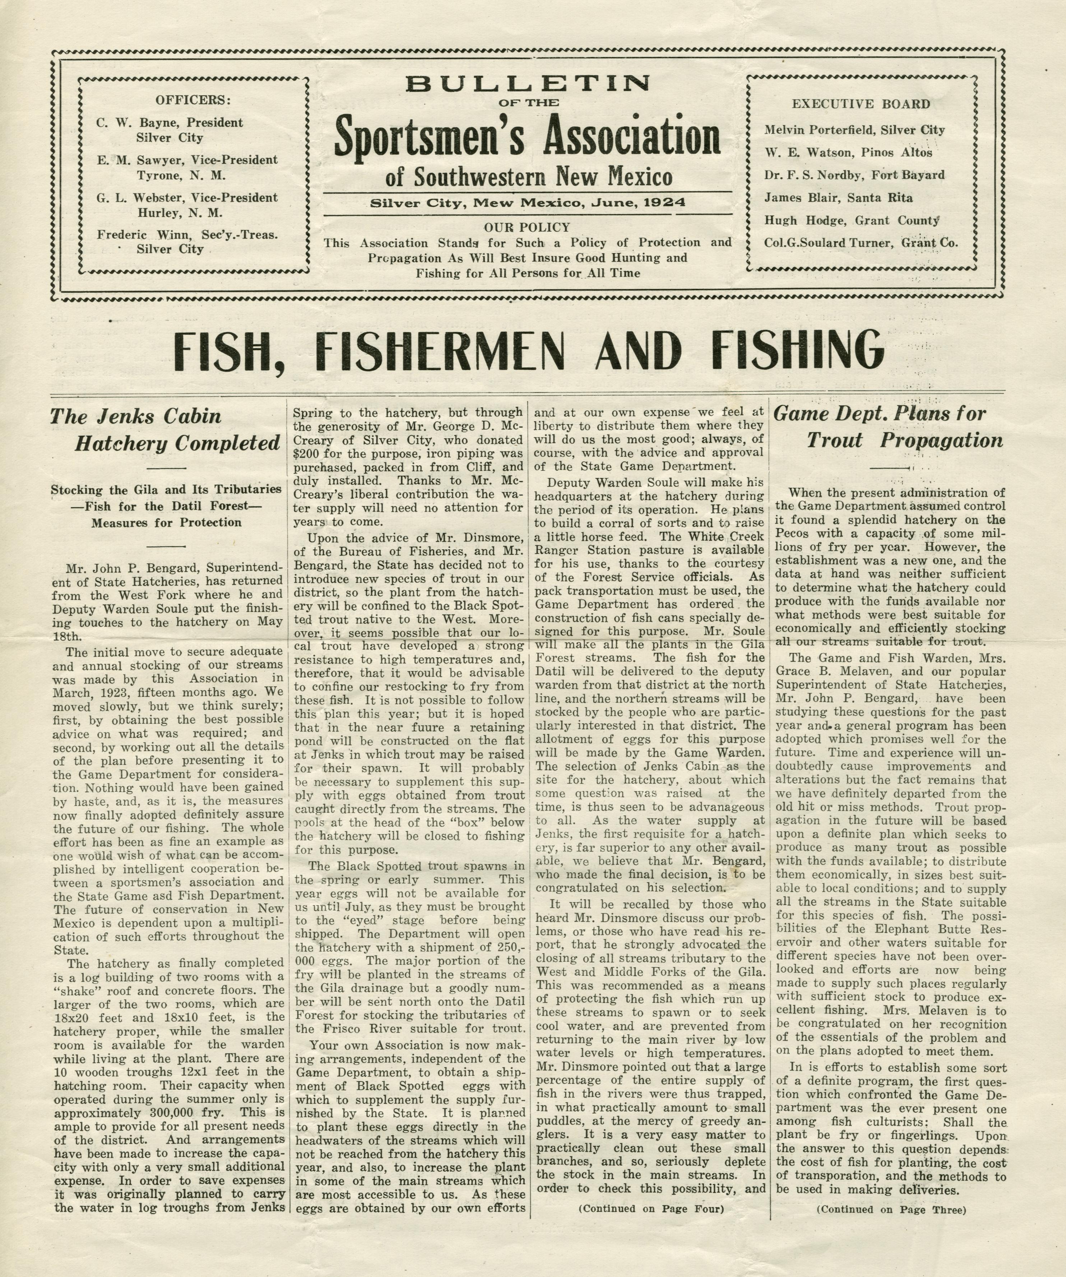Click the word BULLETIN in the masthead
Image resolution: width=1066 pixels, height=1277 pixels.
tap(527, 83)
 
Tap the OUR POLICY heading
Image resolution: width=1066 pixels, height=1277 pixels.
tap(527, 227)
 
